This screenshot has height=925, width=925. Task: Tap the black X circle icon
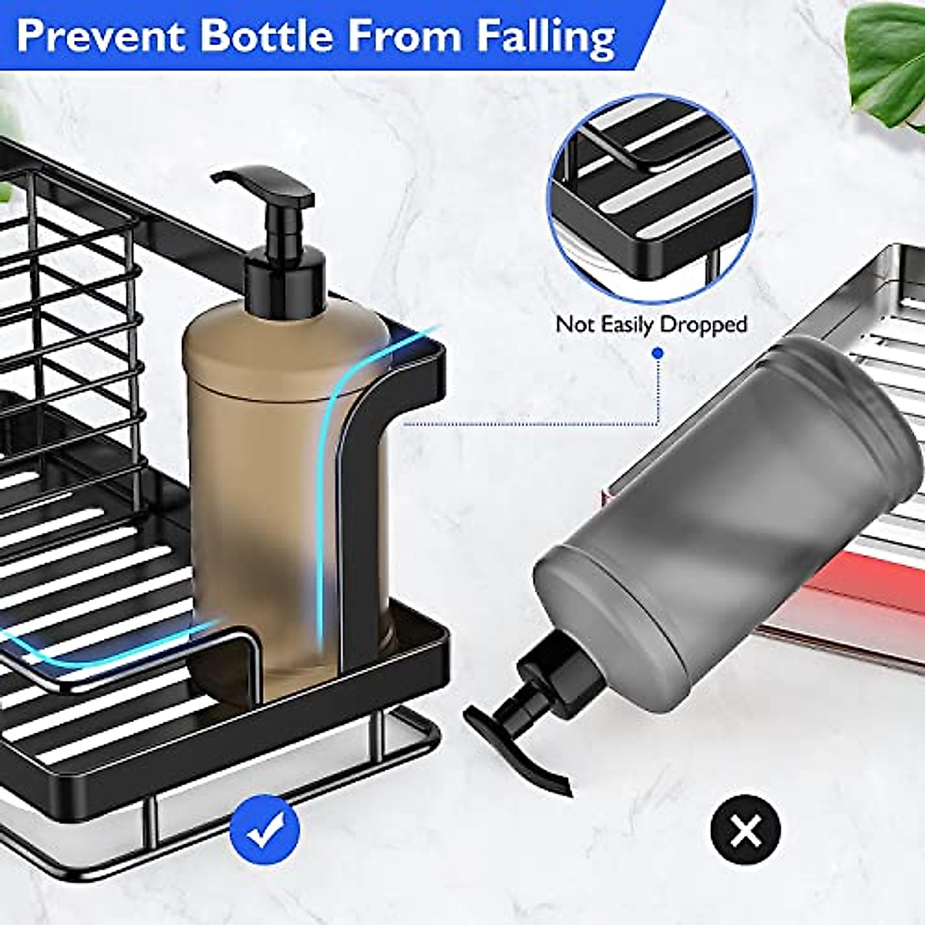pos(745,831)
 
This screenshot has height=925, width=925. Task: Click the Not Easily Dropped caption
pos(651,325)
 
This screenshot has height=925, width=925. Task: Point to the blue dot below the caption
pos(658,353)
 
